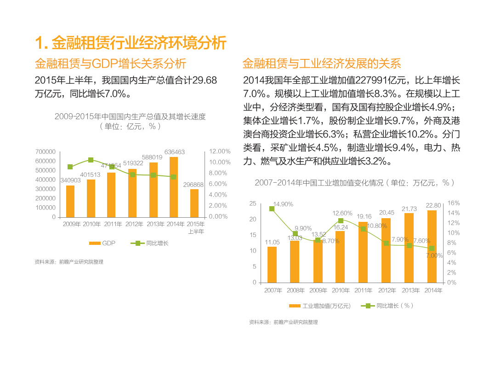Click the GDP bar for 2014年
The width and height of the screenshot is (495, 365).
[x=174, y=187]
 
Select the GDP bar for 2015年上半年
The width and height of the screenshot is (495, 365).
[x=194, y=203]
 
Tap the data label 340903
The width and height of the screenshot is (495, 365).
[x=70, y=180]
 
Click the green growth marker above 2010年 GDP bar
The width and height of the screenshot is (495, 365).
[x=91, y=160]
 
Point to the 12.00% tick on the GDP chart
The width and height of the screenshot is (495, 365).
[x=220, y=151]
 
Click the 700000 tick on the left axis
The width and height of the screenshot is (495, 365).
[x=46, y=151]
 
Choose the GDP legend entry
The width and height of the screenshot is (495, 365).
[x=102, y=243]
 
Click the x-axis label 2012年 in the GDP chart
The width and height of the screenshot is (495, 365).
[x=134, y=224]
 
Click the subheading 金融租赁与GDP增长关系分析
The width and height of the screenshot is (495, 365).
[x=111, y=64]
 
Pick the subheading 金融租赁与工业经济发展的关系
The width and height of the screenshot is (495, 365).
[x=322, y=64]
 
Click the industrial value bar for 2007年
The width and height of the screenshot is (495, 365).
[x=272, y=265]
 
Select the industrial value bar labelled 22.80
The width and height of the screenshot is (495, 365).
[x=432, y=246]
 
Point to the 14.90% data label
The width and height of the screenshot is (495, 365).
[x=283, y=204]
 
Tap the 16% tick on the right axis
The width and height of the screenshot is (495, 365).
[x=454, y=203]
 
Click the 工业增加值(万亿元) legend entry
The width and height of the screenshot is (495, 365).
[x=320, y=306]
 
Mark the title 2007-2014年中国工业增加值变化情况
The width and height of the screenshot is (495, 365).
[x=354, y=183]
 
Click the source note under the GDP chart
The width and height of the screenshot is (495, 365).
[x=69, y=262]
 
